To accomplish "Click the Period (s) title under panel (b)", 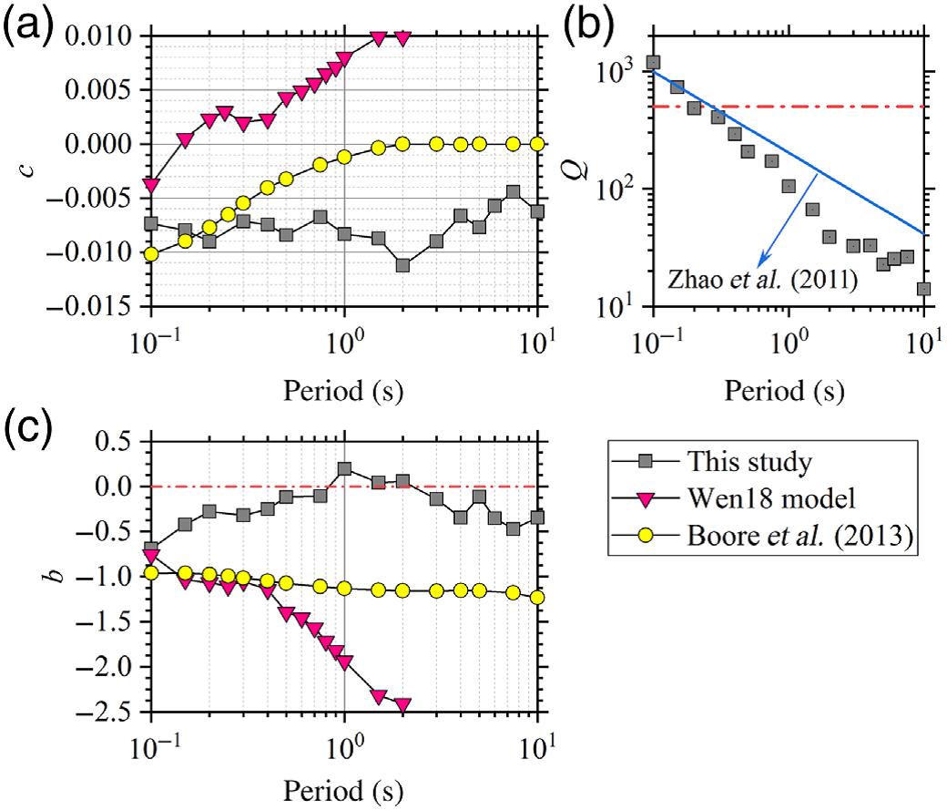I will (785, 392).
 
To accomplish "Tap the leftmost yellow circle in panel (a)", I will (151, 254).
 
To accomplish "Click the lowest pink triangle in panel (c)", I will (402, 704).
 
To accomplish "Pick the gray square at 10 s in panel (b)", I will (923, 289).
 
